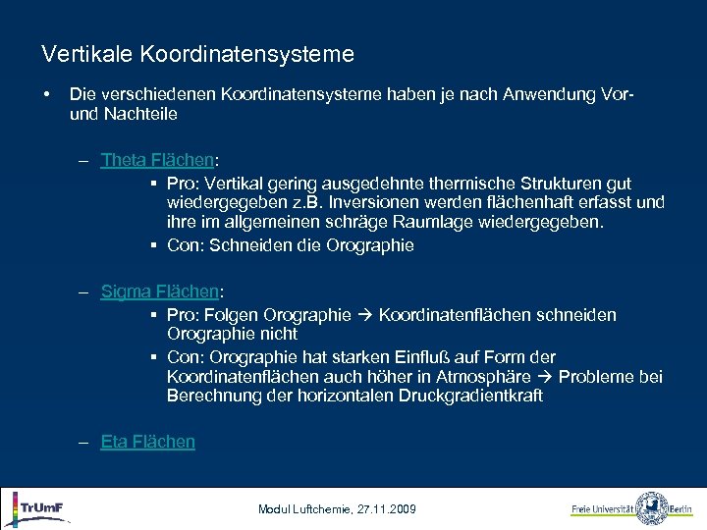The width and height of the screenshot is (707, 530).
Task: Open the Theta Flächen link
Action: click(157, 160)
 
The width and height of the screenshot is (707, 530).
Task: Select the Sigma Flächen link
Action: click(161, 291)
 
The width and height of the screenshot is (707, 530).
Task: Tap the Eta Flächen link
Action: click(147, 442)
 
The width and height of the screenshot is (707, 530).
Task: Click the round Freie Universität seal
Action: click(652, 508)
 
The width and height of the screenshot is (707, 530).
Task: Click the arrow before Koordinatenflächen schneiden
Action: click(364, 315)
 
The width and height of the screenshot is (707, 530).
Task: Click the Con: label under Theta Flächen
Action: click(185, 245)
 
